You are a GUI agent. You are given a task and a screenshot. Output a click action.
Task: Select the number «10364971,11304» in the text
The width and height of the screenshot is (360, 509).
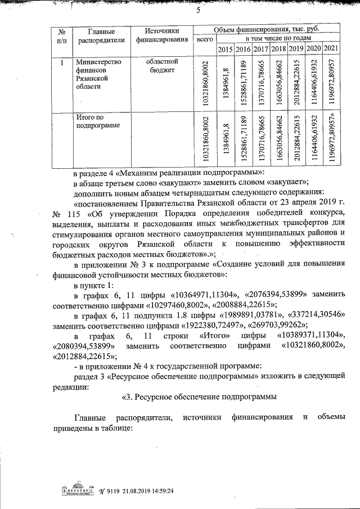pos(202,295)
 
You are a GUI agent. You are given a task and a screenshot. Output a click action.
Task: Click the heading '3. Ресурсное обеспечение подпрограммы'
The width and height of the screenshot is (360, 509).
pos(199,397)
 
